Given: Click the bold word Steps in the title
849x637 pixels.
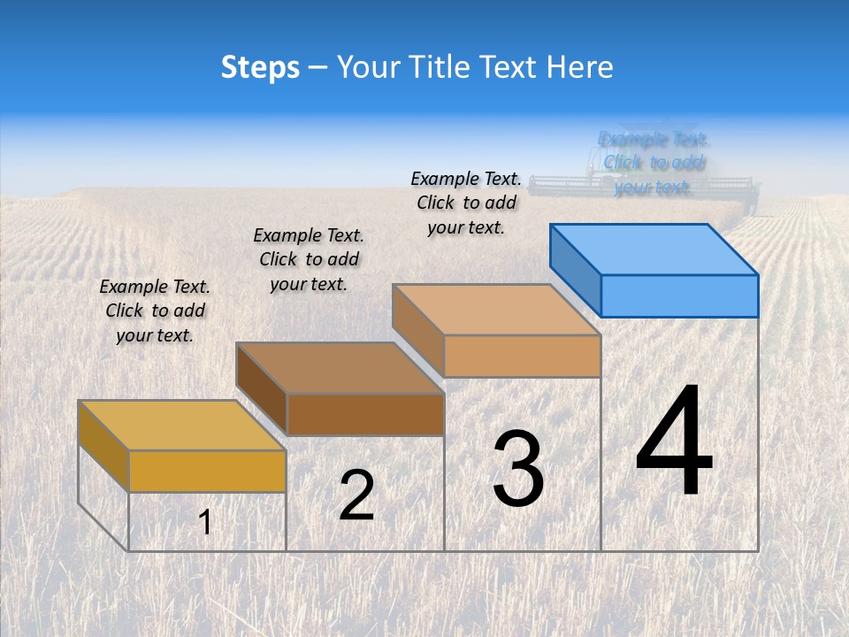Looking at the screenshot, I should pos(260,67).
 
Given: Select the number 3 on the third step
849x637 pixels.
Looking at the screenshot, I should pos(518,469).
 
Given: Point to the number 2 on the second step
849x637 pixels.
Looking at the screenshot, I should pos(356,495).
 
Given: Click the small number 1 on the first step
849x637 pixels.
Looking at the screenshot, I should pos(205,523).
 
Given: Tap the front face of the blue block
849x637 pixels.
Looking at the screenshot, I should pos(679,295).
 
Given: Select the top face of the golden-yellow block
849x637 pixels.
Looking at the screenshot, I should pos(181,425).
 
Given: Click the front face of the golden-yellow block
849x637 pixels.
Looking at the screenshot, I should pos(207,471).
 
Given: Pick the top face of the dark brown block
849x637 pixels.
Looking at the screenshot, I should pos(340,367).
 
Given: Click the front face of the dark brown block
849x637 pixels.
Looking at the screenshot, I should pos(365,414).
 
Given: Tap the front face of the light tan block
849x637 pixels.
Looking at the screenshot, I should pos(522,356).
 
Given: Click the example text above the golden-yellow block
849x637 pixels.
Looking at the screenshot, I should pos(155,311).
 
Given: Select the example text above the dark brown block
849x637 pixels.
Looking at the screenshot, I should pos(309,259).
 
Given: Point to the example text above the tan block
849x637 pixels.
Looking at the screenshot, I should pos(466,203).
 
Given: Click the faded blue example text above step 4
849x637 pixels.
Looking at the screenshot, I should pos(654,163).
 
